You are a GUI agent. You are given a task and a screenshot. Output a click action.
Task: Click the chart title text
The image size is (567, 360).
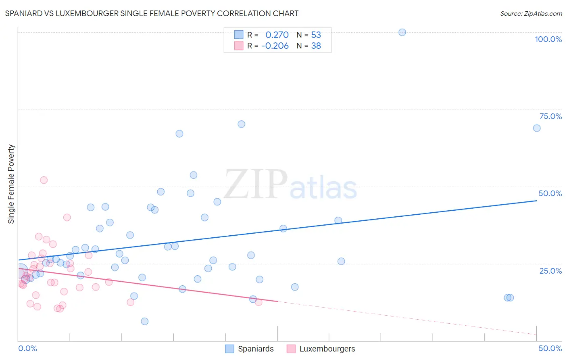tap(152, 13)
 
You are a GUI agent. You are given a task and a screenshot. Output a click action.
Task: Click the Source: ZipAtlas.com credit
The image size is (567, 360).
tap(531, 13)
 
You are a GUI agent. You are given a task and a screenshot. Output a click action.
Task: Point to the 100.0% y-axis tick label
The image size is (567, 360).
tap(548, 39)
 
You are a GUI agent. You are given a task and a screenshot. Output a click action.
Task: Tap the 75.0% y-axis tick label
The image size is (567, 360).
tap(550, 116)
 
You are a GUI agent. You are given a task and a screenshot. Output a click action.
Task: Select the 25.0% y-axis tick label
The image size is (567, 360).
tap(550, 271)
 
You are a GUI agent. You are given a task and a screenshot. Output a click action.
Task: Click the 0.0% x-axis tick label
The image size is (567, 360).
tap(27, 348)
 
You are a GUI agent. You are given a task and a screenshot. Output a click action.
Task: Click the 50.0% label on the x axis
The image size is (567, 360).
tap(550, 348)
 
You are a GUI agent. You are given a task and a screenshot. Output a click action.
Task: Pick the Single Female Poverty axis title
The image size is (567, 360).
tap(11, 184)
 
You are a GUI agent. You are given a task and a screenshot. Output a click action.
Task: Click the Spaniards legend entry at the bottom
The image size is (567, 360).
tap(255, 349)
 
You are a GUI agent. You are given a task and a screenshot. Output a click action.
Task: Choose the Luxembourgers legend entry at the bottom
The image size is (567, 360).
tap(327, 349)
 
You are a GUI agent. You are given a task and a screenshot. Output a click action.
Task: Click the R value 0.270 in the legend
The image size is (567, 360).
tap(277, 35)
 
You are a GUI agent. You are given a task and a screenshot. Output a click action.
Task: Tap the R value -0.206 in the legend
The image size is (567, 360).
tap(275, 46)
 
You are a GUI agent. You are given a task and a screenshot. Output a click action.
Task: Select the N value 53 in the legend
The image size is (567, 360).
tap(316, 35)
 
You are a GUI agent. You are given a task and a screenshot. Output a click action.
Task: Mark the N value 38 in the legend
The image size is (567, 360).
tap(316, 46)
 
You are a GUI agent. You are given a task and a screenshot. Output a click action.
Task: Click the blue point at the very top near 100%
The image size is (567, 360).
tap(402, 32)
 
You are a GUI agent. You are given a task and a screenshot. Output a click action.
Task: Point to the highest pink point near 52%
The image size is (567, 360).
tap(44, 180)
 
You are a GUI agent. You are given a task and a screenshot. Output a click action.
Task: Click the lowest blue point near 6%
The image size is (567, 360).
tap(144, 321)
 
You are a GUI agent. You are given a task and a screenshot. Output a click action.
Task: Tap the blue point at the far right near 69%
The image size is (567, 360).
tap(537, 128)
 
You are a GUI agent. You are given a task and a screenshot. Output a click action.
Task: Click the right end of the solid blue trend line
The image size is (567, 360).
tap(537, 200)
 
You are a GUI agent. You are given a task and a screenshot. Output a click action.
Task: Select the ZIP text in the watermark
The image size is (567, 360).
tap(256, 184)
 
